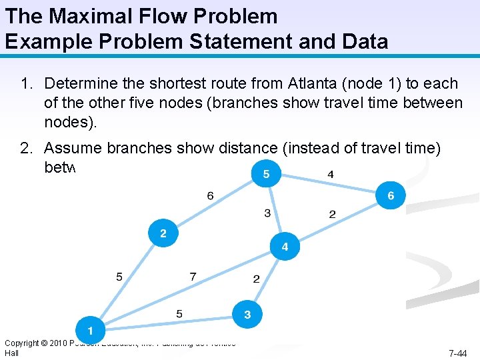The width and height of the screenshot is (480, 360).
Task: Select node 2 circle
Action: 163,234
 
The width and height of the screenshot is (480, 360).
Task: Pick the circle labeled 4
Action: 285,247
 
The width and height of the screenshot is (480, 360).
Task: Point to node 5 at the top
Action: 266,174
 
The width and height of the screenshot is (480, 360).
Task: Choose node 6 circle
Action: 391,196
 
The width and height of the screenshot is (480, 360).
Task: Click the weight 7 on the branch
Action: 193,276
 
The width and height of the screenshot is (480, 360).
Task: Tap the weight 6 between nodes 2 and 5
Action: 211,195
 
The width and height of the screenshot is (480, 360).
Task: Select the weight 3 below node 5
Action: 267,213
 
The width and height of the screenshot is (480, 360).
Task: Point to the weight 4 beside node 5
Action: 331,175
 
